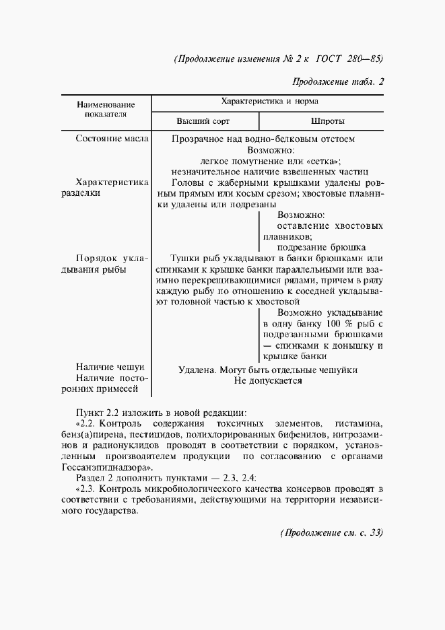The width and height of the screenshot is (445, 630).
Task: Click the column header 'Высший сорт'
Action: click(x=203, y=122)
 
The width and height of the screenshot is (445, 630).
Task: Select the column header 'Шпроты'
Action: click(x=328, y=122)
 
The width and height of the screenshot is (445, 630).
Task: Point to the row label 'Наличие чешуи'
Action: click(x=110, y=367)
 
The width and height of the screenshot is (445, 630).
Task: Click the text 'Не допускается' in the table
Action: click(x=268, y=380)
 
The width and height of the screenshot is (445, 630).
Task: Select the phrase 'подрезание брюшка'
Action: click(x=320, y=247)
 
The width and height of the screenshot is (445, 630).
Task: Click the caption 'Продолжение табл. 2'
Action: click(x=337, y=83)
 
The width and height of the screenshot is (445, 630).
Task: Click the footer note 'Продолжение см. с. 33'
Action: click(x=331, y=533)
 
